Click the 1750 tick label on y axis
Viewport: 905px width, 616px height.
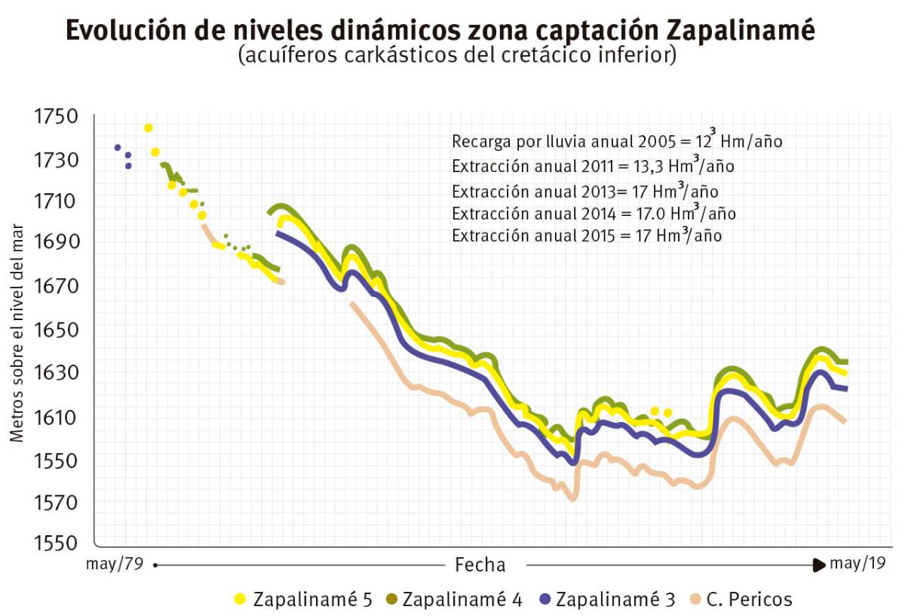[55, 117]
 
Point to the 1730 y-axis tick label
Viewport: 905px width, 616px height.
[55, 160]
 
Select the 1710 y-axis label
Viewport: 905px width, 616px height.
[55, 202]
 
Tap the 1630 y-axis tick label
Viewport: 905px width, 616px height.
[55, 373]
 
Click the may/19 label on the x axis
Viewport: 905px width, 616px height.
[857, 563]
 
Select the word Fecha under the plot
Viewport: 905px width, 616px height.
[480, 565]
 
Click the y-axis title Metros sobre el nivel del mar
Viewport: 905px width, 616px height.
[17, 333]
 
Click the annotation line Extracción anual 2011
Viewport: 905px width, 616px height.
[593, 167]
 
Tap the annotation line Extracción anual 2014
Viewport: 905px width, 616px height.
[594, 214]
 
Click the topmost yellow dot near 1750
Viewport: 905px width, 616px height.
[149, 128]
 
